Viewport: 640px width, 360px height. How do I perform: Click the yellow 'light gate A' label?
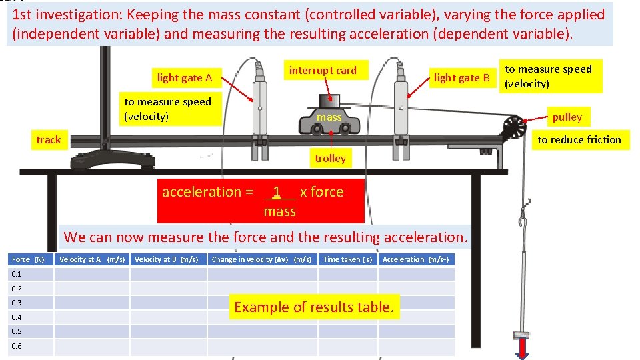tap(185, 78)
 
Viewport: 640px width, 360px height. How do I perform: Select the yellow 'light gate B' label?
tap(461, 78)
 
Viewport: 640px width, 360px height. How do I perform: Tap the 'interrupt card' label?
tap(323, 70)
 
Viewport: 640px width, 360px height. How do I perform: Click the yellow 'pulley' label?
tap(567, 117)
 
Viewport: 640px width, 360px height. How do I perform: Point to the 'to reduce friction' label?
tap(579, 139)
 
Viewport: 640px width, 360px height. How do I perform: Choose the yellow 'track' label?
tap(48, 139)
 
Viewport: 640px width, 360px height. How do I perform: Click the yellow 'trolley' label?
tap(330, 158)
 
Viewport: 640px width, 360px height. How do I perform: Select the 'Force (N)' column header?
tap(28, 259)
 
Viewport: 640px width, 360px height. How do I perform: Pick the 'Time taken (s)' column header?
tap(347, 259)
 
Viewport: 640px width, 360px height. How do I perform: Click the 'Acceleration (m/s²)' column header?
tap(417, 259)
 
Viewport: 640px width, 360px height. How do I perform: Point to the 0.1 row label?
tap(17, 274)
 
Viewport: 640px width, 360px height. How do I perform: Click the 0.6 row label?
tap(17, 346)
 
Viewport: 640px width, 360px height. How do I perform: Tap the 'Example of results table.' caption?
tap(314, 307)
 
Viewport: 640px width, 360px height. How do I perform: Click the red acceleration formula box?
tap(261, 201)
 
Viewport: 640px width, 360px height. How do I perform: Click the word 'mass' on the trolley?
tap(329, 117)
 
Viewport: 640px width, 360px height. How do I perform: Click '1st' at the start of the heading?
tap(25, 15)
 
